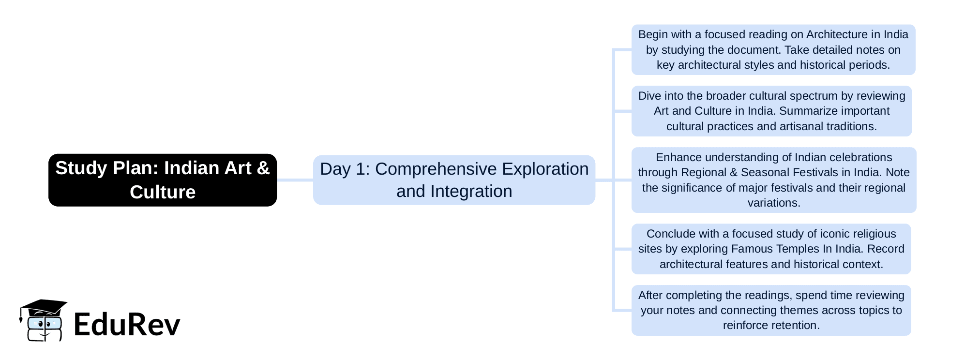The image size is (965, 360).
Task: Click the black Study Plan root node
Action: coord(163,180)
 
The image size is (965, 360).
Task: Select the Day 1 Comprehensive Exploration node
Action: coord(454,180)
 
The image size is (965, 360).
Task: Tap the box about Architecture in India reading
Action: coord(773,50)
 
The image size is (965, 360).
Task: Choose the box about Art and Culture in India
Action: coord(771,111)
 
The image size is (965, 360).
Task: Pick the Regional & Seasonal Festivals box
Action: coord(774,180)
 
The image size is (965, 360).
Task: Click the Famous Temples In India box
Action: coord(771,249)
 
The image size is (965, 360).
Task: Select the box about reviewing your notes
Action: coord(771,310)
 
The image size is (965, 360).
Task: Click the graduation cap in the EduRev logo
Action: coord(44,308)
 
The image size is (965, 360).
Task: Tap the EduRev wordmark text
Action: coord(127,324)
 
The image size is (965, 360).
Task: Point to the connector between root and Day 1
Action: coord(295,180)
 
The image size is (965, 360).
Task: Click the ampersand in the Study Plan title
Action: coord(263,168)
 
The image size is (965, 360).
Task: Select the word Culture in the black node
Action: coord(163,192)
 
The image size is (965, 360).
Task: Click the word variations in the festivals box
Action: coord(774,203)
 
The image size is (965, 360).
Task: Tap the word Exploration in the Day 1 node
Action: coord(545,169)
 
